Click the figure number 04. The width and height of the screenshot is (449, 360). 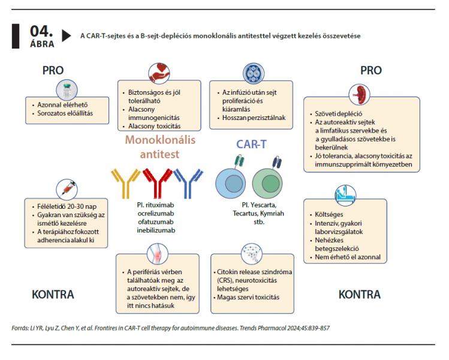[41, 31]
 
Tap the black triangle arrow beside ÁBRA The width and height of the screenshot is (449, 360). [66, 35]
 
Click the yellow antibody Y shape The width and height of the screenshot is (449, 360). [125, 183]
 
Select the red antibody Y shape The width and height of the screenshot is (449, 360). [157, 183]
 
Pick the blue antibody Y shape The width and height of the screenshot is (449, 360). [188, 183]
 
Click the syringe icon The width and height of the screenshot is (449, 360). [67, 190]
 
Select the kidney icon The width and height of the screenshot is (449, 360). [359, 95]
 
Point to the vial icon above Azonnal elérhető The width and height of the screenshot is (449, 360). [67, 90]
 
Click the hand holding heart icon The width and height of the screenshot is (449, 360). [159, 73]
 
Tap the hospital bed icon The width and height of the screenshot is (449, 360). [345, 195]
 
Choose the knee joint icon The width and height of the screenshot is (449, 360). [158, 254]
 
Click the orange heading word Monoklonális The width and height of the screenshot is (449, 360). [160, 140]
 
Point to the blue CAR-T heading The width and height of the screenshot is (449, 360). [251, 144]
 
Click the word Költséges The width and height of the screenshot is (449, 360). [329, 215]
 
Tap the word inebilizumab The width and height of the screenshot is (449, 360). [156, 230]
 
